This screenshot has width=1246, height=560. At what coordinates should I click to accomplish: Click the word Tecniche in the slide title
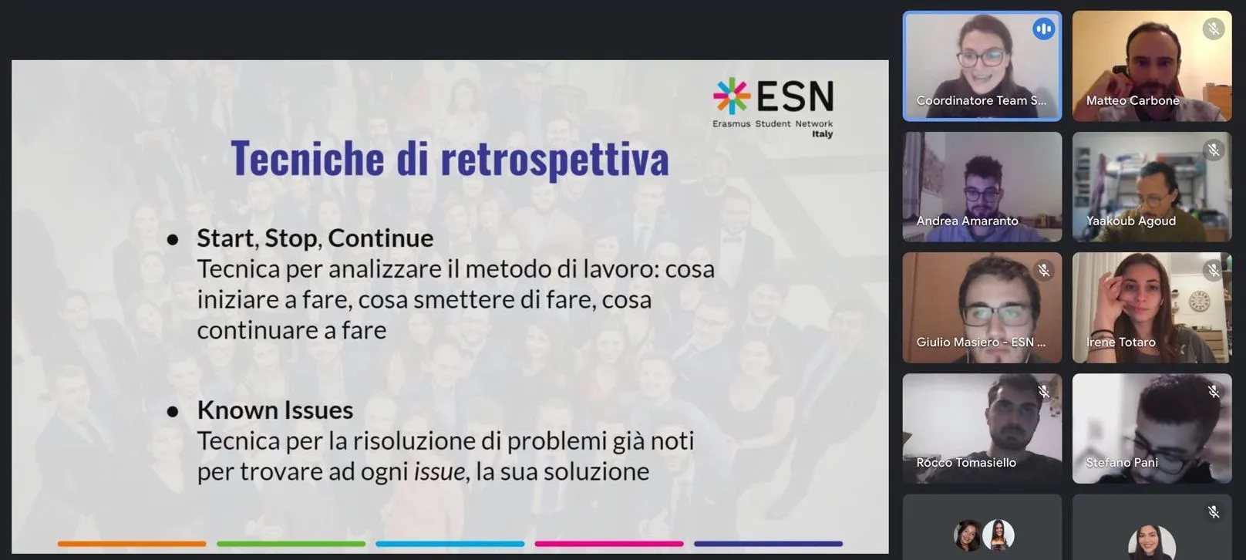click(307, 158)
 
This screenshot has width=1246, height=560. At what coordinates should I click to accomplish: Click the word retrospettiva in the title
click(554, 160)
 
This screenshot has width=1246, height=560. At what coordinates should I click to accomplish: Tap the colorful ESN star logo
click(732, 96)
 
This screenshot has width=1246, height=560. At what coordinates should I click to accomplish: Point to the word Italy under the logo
click(822, 134)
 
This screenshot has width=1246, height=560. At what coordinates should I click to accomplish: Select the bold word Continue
click(380, 238)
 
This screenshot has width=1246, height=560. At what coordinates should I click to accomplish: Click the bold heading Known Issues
click(274, 410)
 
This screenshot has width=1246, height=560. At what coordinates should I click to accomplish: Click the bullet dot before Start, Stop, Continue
click(173, 239)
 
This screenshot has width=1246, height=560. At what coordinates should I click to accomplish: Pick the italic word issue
click(439, 471)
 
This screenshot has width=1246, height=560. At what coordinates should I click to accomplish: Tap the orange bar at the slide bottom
click(132, 543)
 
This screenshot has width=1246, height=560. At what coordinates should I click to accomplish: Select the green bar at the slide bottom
click(291, 543)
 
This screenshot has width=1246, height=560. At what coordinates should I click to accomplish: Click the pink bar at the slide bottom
click(609, 543)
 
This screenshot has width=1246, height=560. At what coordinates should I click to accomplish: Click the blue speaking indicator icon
click(1043, 29)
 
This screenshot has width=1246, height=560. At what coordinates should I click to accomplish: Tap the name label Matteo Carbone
click(1133, 101)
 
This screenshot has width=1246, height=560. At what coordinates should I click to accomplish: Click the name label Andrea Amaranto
click(968, 221)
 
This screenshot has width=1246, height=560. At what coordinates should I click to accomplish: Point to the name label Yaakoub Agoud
click(1131, 221)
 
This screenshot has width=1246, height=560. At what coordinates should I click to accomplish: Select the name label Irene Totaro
click(1121, 342)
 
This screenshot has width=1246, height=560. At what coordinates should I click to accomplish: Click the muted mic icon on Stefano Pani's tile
click(1213, 391)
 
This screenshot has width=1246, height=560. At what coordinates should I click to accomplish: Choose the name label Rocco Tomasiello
click(966, 463)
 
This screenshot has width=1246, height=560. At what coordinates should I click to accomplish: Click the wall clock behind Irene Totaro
click(1199, 301)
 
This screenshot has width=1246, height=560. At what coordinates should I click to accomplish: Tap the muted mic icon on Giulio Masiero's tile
click(1043, 271)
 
